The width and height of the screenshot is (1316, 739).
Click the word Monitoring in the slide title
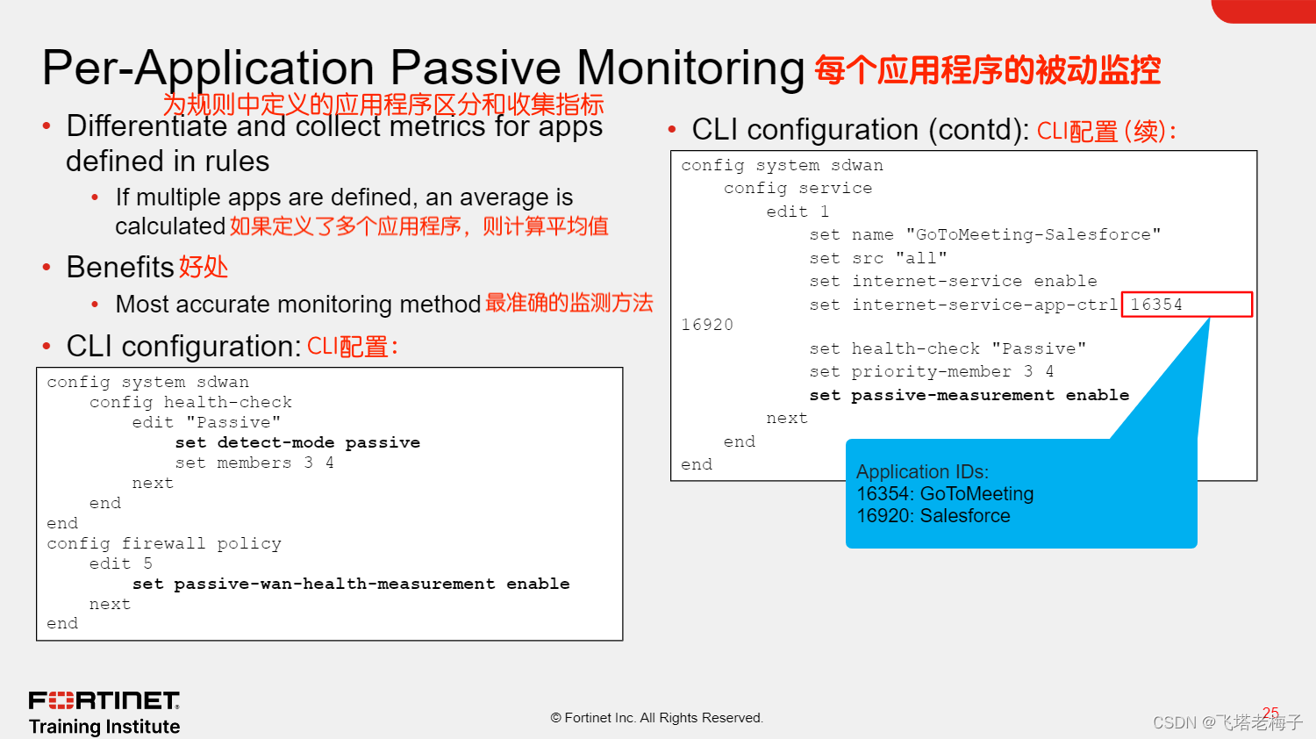[690, 68]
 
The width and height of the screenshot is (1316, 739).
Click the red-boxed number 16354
[1156, 305]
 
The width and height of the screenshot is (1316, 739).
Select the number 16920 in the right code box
[707, 325]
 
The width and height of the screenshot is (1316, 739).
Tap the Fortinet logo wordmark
[104, 700]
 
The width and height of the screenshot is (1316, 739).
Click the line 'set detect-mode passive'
[297, 442]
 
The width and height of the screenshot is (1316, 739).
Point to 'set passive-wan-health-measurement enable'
[351, 584]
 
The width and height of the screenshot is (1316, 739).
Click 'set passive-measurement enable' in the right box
[969, 395]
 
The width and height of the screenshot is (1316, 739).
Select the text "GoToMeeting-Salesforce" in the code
[1033, 234]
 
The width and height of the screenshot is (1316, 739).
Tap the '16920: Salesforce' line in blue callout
[933, 516]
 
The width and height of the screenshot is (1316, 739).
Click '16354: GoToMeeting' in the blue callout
[945, 494]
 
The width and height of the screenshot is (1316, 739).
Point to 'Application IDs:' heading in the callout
[922, 472]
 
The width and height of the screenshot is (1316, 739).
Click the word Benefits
[121, 267]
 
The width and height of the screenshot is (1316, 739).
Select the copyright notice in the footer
[657, 718]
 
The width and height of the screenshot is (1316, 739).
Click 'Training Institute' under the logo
[104, 727]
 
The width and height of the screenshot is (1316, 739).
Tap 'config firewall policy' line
[164, 543]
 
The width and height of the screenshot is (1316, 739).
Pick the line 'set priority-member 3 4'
[931, 371]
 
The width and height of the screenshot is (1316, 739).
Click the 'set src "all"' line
[877, 258]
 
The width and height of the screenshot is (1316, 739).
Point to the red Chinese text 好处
[204, 267]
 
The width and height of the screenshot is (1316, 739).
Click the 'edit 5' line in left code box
[121, 563]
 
